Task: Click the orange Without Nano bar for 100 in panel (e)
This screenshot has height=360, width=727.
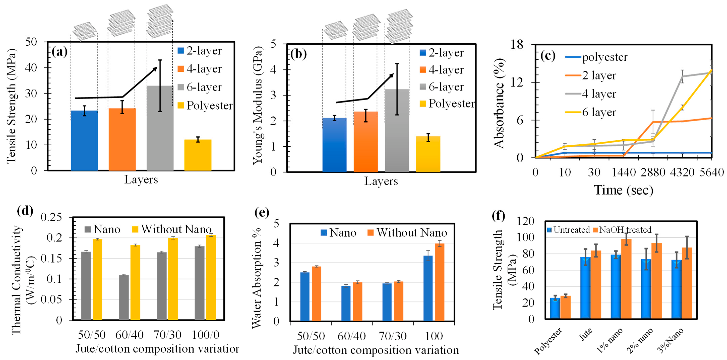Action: tap(440, 282)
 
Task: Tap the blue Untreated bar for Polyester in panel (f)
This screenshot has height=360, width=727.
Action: tap(555, 308)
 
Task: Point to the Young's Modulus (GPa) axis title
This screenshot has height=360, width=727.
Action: tap(257, 105)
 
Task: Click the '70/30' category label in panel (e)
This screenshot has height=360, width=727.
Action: tap(393, 336)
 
